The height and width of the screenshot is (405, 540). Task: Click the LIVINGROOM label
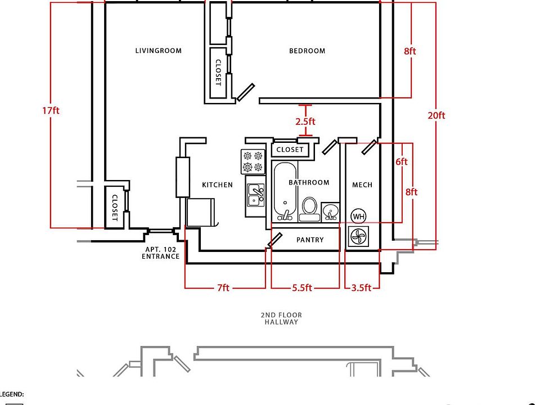(x=159, y=51)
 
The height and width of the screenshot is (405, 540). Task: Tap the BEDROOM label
(x=307, y=51)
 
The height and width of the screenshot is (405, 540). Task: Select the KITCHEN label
(x=217, y=185)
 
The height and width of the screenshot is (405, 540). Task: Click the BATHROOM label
(x=309, y=182)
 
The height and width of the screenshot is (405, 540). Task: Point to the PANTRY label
(x=310, y=240)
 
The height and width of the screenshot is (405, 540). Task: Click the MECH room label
(x=362, y=185)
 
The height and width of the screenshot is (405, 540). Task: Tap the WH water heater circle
(x=358, y=217)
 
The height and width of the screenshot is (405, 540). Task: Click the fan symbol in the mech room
(x=358, y=237)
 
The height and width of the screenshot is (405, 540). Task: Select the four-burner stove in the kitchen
(x=253, y=161)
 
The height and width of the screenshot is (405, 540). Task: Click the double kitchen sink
(x=255, y=195)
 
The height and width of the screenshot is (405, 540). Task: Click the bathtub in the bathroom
(x=285, y=191)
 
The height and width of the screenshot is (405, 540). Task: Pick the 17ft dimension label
(x=51, y=111)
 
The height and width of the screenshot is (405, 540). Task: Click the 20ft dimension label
(x=436, y=115)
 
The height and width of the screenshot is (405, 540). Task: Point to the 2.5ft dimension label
(x=305, y=121)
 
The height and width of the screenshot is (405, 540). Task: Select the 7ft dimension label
(x=223, y=287)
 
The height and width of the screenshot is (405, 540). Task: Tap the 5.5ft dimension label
(x=302, y=287)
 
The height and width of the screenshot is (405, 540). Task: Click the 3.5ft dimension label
(x=361, y=287)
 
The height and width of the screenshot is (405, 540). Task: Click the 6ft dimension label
(x=402, y=161)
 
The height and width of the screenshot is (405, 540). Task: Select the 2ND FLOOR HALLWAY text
(x=281, y=318)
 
